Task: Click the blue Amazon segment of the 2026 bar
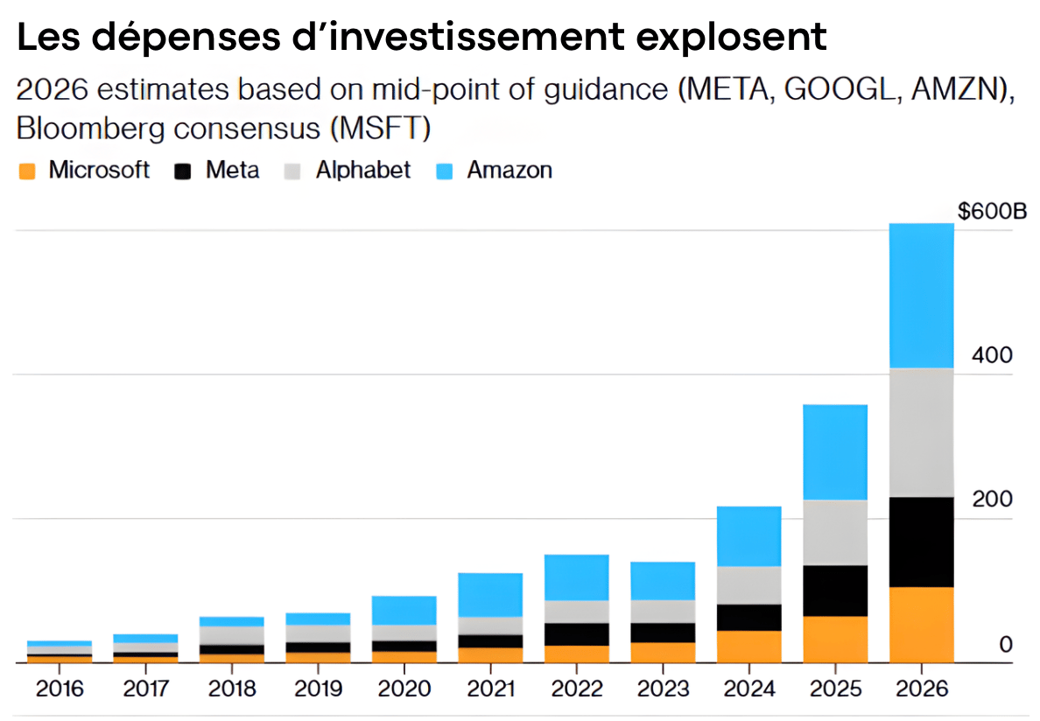coord(921,296)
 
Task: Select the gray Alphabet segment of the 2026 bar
coord(921,432)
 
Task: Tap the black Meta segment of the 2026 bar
coord(921,542)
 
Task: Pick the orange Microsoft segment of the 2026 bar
coord(921,624)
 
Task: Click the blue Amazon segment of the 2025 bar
coord(834,451)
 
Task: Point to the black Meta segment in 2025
coord(834,591)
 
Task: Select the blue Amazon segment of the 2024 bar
coord(748,535)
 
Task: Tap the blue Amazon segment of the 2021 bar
coord(489,594)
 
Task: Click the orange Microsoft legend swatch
coord(27,171)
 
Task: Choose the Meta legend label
coord(232,170)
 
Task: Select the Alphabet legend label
coord(362,170)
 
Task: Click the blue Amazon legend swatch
coord(445,171)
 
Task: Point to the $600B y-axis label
coord(991,212)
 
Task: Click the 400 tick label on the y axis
coord(993,356)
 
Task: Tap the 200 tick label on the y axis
coord(993,500)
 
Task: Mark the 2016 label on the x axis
coord(60,689)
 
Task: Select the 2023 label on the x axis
coord(663,689)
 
